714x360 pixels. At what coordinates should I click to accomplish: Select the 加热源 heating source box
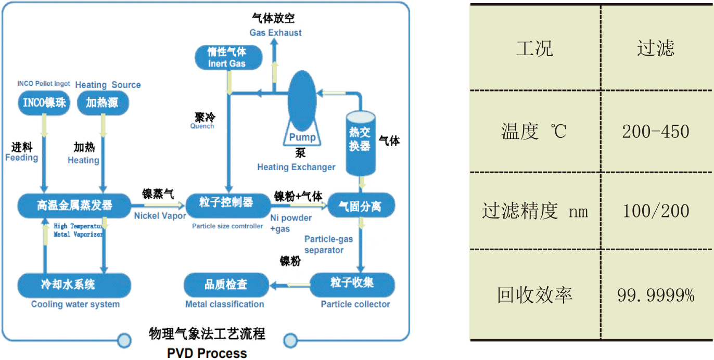(103, 102)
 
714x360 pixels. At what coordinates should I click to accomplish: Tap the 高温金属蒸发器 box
(74, 204)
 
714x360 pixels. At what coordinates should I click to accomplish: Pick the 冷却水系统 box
(74, 285)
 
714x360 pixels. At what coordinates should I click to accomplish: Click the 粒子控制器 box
(226, 202)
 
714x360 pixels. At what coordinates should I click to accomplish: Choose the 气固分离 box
(360, 205)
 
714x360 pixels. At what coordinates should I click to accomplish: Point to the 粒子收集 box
(352, 284)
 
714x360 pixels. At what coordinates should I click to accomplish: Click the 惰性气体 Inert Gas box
(227, 58)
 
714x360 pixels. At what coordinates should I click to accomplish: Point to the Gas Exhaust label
(275, 32)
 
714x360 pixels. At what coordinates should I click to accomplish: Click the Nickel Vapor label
(160, 215)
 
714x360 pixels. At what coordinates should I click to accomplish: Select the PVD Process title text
(207, 353)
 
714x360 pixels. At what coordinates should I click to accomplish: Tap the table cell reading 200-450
(656, 132)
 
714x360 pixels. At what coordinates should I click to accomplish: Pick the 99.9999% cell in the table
(656, 295)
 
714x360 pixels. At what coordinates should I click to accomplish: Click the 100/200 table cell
(656, 211)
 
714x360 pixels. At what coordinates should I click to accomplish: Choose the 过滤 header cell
(656, 48)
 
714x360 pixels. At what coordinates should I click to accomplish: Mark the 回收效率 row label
(535, 295)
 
